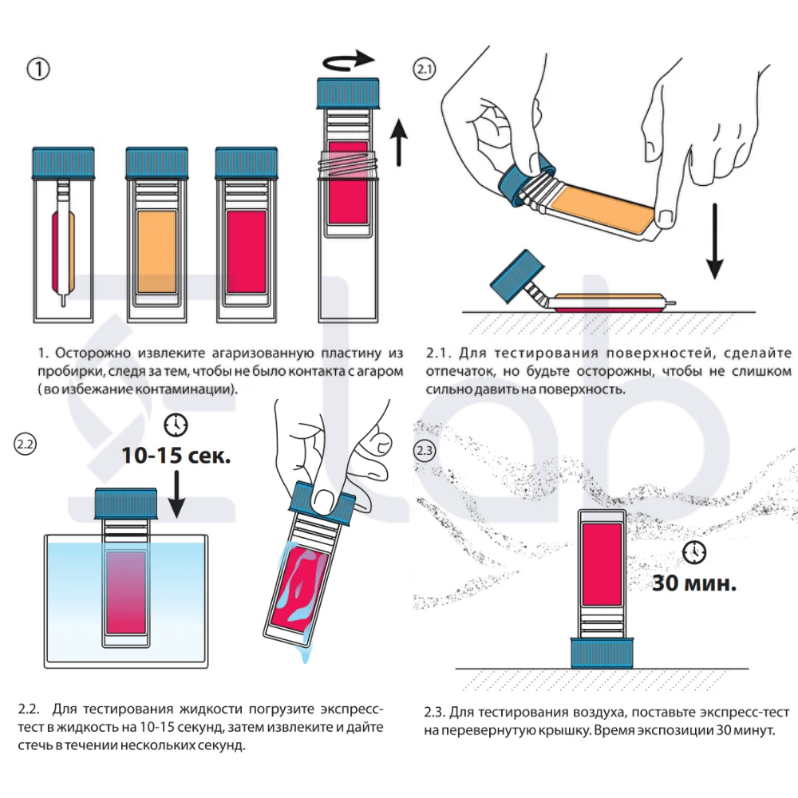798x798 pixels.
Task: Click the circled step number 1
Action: click(x=38, y=69)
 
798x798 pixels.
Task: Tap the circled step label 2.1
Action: click(x=425, y=69)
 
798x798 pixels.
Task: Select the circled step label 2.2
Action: click(x=25, y=444)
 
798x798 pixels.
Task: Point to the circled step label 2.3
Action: click(x=425, y=451)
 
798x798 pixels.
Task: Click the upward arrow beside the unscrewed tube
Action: click(x=398, y=143)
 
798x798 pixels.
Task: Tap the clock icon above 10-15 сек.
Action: click(x=176, y=425)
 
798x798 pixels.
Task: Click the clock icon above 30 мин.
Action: click(x=695, y=552)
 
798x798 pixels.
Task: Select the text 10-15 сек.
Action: click(x=176, y=456)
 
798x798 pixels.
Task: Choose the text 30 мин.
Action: click(x=695, y=583)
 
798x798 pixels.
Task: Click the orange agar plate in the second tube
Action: click(x=156, y=252)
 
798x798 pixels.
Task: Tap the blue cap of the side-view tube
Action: click(x=64, y=164)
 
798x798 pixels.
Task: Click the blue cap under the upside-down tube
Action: click(x=602, y=653)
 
